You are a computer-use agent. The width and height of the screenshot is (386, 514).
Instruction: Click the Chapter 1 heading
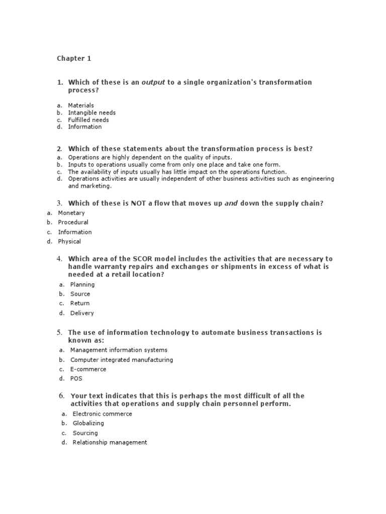pyautogui.click(x=74, y=59)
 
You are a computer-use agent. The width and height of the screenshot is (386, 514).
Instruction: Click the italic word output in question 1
pyautogui.click(x=153, y=82)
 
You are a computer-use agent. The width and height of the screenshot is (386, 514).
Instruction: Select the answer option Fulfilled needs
pyautogui.click(x=88, y=120)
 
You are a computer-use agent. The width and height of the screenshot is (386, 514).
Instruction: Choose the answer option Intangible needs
pyautogui.click(x=92, y=113)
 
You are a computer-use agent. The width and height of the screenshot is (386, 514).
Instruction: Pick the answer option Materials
pyautogui.click(x=81, y=105)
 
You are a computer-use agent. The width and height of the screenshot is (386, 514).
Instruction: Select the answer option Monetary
pyautogui.click(x=71, y=213)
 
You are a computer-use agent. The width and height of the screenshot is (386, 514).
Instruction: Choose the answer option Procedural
pyautogui.click(x=73, y=222)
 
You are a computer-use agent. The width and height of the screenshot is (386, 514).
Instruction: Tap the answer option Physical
pyautogui.click(x=69, y=241)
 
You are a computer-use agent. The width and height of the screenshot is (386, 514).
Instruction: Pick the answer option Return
pyautogui.click(x=80, y=303)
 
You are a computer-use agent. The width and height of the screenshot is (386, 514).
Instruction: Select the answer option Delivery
pyautogui.click(x=82, y=313)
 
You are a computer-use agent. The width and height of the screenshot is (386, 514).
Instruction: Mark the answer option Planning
pyautogui.click(x=82, y=285)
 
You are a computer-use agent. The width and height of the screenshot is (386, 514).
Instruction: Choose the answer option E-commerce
pyautogui.click(x=88, y=369)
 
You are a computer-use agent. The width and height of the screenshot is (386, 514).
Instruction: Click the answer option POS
pyautogui.click(x=76, y=379)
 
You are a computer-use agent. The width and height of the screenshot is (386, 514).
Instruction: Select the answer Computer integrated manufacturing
pyautogui.click(x=122, y=360)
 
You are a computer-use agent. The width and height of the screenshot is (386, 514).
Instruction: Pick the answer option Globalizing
pyautogui.click(x=88, y=424)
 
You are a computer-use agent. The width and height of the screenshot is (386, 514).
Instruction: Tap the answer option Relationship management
pyautogui.click(x=110, y=443)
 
